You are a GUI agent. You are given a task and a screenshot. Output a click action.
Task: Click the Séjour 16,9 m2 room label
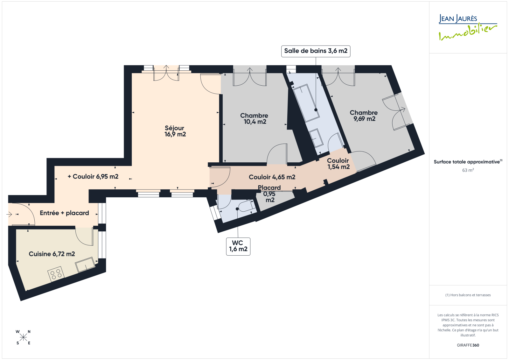(x=175, y=131)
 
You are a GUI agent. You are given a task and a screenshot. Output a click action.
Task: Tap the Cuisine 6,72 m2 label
(x=52, y=254)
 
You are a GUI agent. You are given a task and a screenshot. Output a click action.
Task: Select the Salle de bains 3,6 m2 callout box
(x=316, y=51)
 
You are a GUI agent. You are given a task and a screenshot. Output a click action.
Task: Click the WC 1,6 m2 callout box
(x=238, y=246)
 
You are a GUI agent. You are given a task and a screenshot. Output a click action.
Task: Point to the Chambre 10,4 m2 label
(x=254, y=118)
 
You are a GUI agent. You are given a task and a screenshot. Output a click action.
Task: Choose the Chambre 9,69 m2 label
(x=364, y=116)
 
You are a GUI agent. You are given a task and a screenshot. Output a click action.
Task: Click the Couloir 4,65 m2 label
(x=272, y=177)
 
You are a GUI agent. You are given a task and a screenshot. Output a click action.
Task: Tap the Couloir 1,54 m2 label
(x=338, y=164)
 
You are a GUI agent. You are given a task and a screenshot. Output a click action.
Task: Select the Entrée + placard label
(x=64, y=213)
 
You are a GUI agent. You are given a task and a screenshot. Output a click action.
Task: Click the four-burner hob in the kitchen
(x=56, y=274)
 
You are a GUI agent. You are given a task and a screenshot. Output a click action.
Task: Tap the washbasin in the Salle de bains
(x=317, y=138)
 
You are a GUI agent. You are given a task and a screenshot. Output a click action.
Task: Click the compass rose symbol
(x=23, y=337)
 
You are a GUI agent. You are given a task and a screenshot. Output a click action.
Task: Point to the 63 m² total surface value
(x=468, y=170)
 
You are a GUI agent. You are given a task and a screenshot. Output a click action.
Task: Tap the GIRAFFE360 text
(x=468, y=345)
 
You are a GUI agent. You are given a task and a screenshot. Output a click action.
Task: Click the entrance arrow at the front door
(x=9, y=214)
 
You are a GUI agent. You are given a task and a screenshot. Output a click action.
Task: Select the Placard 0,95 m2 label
(x=269, y=194)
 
